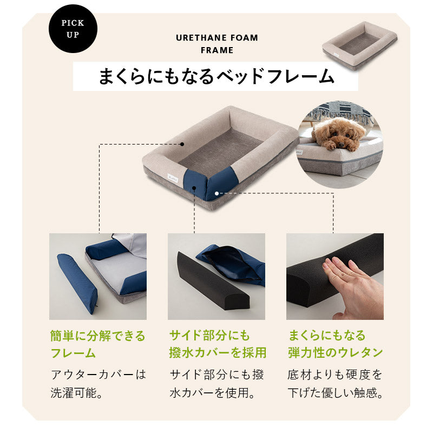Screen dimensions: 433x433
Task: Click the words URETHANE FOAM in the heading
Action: (x=217, y=38)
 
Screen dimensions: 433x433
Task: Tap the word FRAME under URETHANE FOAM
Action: (x=216, y=50)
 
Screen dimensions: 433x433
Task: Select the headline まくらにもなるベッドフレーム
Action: (x=216, y=76)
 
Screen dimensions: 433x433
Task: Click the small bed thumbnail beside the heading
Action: (x=359, y=45)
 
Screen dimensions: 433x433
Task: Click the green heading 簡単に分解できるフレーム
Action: (x=98, y=345)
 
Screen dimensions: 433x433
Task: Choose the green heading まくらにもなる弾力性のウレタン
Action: (x=335, y=345)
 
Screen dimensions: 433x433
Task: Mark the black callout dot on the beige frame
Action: (x=183, y=145)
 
